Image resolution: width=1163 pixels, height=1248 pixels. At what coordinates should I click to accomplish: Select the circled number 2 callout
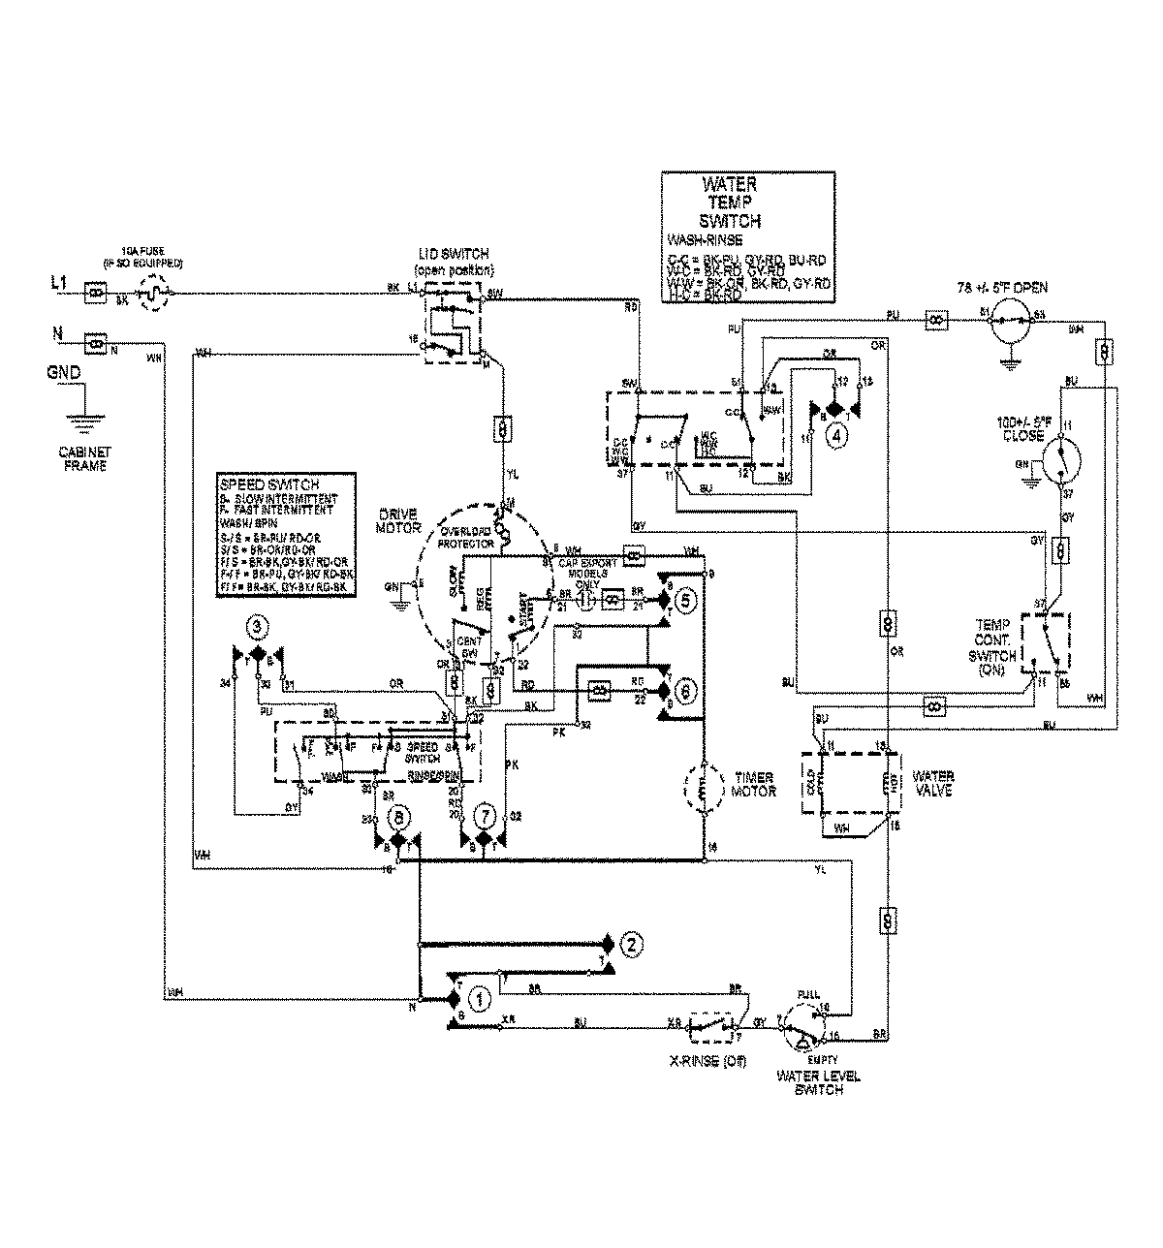coord(630,943)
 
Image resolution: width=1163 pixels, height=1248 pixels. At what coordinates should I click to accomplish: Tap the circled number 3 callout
coord(256,628)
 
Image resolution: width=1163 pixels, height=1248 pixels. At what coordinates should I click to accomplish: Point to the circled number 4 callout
coord(834,435)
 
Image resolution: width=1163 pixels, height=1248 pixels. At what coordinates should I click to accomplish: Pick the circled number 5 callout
coord(683,601)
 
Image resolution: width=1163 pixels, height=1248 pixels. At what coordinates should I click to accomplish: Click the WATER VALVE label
coord(933,783)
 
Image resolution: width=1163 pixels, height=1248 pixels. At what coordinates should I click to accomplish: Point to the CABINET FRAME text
coord(80,458)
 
